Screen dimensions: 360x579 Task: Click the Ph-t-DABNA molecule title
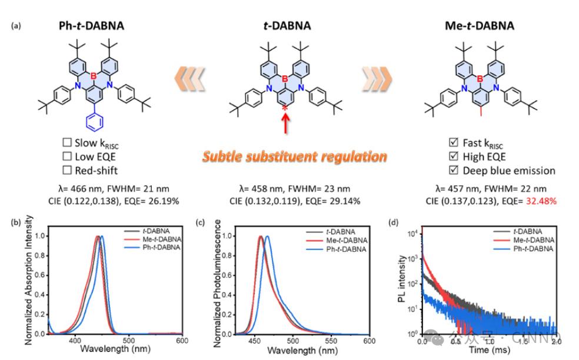coord(91,25)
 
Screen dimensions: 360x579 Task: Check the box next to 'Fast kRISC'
coord(452,143)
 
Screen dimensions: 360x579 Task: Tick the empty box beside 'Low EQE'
coord(66,156)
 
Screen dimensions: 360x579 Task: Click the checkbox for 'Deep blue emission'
coord(452,171)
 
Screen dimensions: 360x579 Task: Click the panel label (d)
coord(394,222)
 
